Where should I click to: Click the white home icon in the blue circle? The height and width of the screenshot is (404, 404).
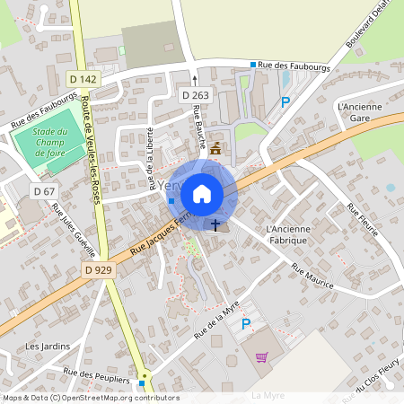click(x=202, y=192)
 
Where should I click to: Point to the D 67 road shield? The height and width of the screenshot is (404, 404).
click(x=44, y=191)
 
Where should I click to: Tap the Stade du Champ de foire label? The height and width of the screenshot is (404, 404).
click(x=51, y=143)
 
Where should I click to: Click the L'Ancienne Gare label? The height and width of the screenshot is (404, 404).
click(x=359, y=111)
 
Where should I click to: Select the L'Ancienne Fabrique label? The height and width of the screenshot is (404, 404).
click(x=288, y=234)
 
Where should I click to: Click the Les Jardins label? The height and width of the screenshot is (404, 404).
click(x=47, y=346)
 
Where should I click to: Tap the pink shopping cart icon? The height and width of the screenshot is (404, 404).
click(x=262, y=356)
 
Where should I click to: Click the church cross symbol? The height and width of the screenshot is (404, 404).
click(x=216, y=224)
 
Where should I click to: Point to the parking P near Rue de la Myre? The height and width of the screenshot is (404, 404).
click(x=245, y=324)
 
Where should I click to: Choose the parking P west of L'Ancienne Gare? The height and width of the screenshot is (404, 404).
click(x=285, y=102)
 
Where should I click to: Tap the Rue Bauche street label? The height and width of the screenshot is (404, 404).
click(x=200, y=127)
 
